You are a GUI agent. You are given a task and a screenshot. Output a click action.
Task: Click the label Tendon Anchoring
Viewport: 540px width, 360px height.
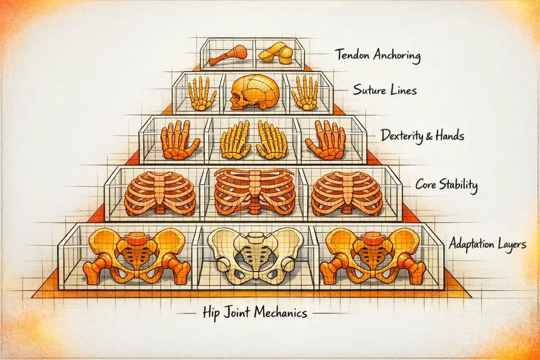point(378,56)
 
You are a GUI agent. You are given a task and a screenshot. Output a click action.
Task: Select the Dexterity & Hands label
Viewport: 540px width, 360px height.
point(422,135)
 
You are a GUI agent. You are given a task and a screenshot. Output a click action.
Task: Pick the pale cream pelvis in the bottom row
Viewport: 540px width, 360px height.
point(255,254)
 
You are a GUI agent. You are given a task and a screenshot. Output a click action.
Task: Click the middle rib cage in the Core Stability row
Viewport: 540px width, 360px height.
point(255,191)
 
